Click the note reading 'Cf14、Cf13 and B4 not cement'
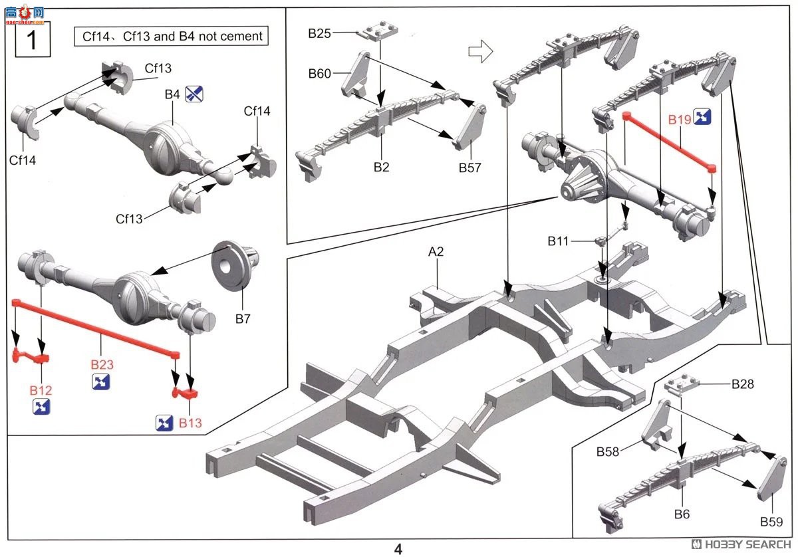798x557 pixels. [172, 36]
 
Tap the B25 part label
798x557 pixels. [319, 33]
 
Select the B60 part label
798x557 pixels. [319, 74]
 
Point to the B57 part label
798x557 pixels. [470, 167]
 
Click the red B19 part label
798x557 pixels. [680, 120]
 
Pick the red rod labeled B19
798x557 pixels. [668, 142]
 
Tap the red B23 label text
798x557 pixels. [102, 365]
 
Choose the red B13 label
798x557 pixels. [190, 423]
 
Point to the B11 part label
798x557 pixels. [559, 241]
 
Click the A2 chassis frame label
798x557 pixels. [436, 252]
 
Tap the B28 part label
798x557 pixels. [743, 384]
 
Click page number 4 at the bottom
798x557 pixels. [398, 549]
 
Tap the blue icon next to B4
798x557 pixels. [194, 94]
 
